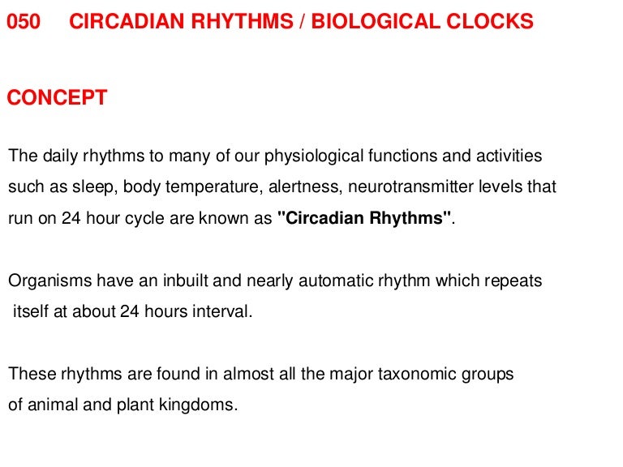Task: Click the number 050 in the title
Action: [x=24, y=23]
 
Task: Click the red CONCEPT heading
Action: [x=57, y=98]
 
